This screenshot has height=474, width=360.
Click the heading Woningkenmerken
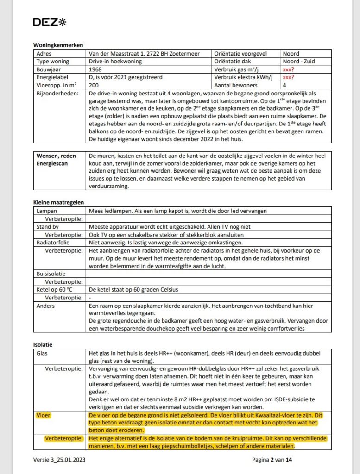pos(58,45)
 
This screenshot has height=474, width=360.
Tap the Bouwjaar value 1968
pos(96,69)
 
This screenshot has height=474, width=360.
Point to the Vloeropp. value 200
pos(94,85)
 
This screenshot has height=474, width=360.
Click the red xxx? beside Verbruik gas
pos(289,69)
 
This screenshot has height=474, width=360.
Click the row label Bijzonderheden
pos(57,93)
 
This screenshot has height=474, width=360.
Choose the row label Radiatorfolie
pos(54,242)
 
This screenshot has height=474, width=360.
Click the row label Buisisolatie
pos(52,274)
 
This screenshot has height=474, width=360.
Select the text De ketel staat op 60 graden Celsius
pos(133,290)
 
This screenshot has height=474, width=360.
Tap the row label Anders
pos(45,306)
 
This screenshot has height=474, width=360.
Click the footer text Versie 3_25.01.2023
pos(59,460)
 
